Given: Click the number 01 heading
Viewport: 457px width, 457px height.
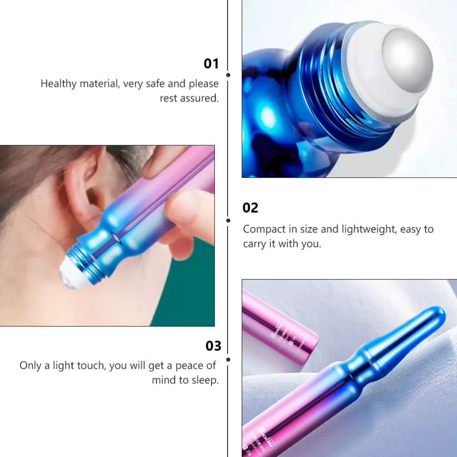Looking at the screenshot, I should point(211,64).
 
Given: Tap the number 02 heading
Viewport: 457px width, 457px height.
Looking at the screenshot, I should point(250,208).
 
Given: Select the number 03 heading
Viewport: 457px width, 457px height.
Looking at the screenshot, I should point(213,346).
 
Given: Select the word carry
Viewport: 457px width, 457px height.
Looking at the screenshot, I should point(254,244).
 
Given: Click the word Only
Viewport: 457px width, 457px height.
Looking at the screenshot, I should point(30,366).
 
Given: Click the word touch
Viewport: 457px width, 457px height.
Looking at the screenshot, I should point(90,366).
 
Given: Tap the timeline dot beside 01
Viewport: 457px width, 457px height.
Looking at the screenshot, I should point(228,74).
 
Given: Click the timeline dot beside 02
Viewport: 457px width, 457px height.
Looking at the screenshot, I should point(228,220).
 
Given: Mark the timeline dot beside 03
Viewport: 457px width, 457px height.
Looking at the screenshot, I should point(228,360).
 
